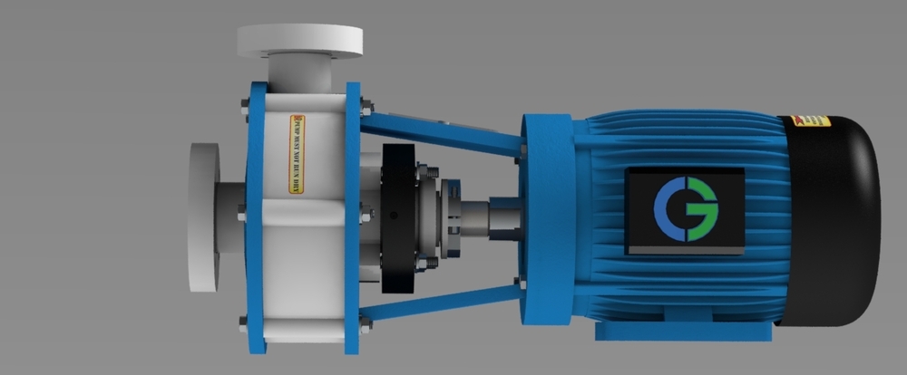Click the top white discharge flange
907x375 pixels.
click(x=299, y=39)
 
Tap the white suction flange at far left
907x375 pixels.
click(x=203, y=217)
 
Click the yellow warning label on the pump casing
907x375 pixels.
click(x=296, y=154)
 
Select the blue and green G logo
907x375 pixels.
click(x=685, y=209)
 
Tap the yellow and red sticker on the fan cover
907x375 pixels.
click(x=810, y=120)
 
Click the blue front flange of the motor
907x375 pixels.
click(x=548, y=217)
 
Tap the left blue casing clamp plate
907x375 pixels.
click(x=255, y=217)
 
